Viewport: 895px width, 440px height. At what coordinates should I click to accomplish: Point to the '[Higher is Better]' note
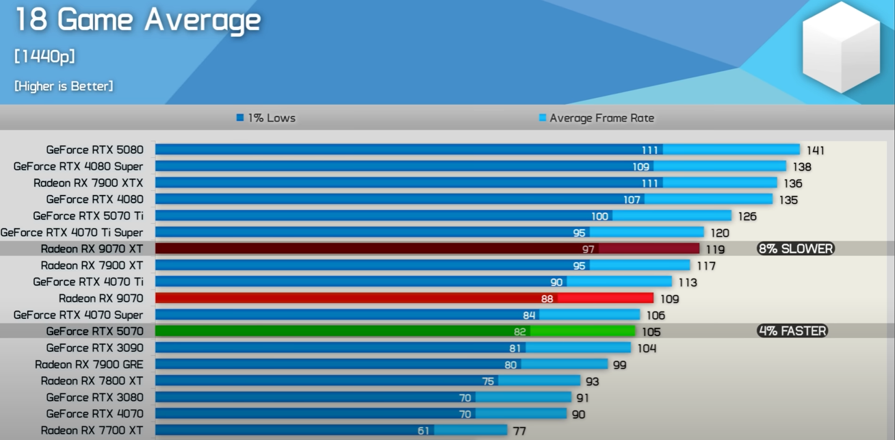[64, 86]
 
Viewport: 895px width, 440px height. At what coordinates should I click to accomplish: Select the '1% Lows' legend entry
[266, 118]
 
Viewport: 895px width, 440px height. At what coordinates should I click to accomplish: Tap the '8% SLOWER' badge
[796, 249]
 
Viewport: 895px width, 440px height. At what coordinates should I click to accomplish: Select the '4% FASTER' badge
[792, 331]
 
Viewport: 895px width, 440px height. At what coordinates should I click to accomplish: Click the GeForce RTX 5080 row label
[94, 149]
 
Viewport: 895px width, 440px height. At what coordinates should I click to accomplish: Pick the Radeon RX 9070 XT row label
[92, 249]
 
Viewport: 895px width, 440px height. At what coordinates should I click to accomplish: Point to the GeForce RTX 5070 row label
[94, 331]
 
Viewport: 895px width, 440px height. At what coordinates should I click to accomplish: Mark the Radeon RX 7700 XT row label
[92, 430]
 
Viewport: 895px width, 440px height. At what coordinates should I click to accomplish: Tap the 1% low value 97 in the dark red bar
[588, 249]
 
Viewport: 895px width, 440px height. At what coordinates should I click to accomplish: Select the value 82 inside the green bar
[520, 332]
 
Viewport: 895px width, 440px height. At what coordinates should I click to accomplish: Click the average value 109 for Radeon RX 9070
[669, 299]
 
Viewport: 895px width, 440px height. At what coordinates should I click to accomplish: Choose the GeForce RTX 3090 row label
[94, 348]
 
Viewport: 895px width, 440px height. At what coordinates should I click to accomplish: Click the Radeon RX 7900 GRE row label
[89, 364]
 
